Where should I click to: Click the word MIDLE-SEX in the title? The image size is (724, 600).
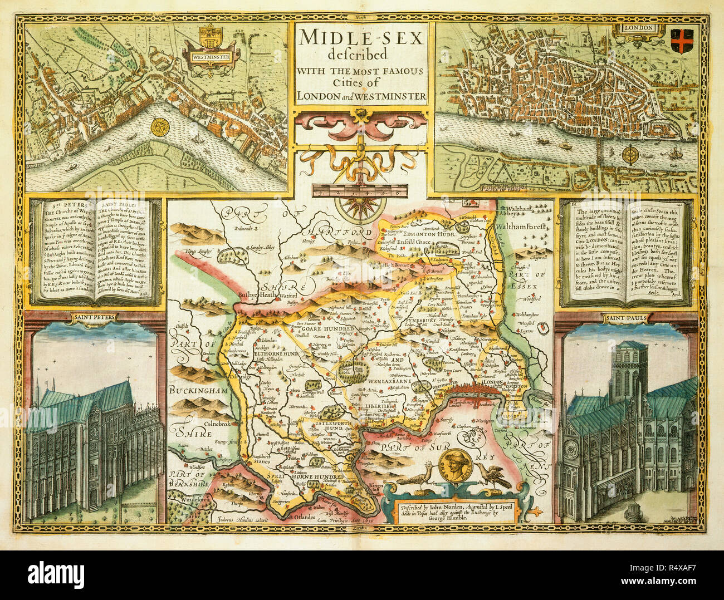tap(361, 38)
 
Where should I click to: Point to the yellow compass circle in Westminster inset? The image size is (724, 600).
tap(161, 128)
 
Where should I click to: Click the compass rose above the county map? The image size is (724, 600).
tap(361, 213)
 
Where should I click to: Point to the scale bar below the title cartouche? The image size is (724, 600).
tap(361, 190)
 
